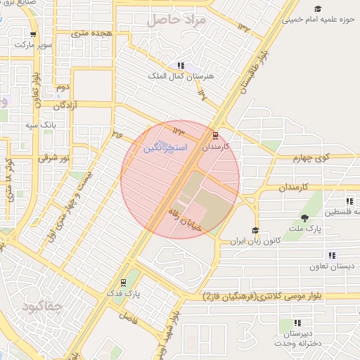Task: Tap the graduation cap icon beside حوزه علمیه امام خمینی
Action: tap(319, 8)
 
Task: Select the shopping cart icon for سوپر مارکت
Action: tap(33, 34)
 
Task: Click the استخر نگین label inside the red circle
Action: tap(165, 148)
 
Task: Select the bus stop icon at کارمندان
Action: tap(215, 136)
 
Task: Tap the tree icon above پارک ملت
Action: tap(304, 218)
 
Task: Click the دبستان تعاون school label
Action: tap(332, 267)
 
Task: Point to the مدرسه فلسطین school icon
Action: tap(349, 202)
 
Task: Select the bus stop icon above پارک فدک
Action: tap(124, 282)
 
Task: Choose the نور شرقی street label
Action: tap(53, 159)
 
